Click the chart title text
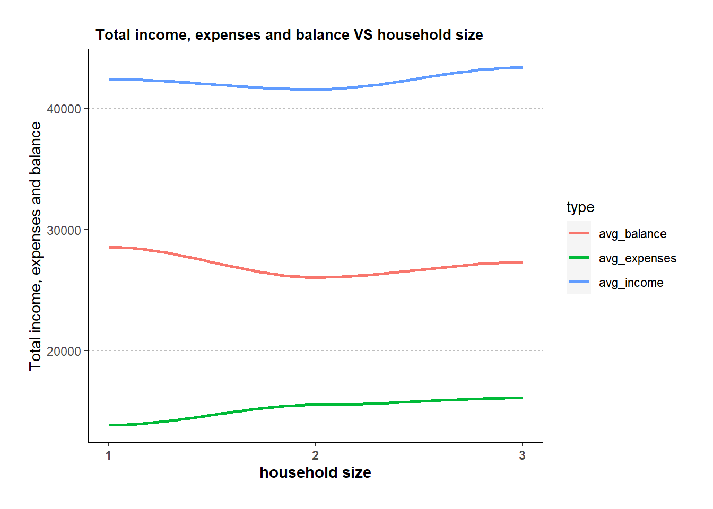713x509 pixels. pos(289,35)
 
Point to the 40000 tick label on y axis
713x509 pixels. pos(64,109)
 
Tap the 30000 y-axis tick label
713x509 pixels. pos(64,231)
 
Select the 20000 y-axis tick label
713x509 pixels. pos(64,352)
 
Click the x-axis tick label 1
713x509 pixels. pos(109,455)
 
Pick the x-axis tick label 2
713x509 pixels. pos(316,455)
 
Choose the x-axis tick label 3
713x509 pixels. pos(523,455)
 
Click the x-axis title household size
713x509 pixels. pos(315,472)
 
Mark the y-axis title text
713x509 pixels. pos(36,246)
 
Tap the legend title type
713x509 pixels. pos(580,207)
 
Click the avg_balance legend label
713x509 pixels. pos(632,234)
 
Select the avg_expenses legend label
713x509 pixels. pos(638,258)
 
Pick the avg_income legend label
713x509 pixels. pos(631,283)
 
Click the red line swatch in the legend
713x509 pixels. pos(579,233)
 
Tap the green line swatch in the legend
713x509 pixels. pos(579,258)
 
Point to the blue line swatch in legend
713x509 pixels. pos(579,282)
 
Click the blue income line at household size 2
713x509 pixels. pos(316,89)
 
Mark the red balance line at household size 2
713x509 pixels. pos(316,277)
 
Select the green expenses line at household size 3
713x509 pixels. pos(522,398)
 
